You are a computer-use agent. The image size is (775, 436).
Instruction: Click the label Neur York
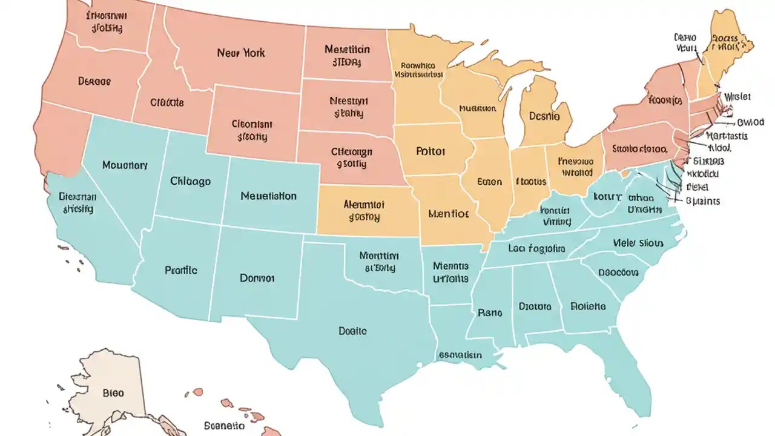point(241,53)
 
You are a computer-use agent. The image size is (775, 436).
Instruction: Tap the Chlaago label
point(190,181)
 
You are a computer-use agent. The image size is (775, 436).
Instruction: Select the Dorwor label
point(257,278)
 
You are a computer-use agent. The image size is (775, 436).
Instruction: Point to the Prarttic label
point(180,270)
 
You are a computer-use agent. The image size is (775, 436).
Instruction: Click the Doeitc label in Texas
point(352,331)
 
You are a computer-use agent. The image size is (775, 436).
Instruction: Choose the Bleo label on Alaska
point(113,393)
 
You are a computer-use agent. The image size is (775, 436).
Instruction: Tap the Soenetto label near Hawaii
point(224,426)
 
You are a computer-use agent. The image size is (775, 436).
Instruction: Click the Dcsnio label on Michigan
point(544,116)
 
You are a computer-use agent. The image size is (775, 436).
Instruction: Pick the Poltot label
point(430,150)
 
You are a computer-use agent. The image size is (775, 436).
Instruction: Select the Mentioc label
point(448,213)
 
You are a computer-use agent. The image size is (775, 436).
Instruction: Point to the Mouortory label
point(125,165)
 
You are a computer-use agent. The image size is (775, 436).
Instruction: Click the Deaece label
point(94,81)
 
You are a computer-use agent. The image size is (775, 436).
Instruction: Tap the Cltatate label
point(167,103)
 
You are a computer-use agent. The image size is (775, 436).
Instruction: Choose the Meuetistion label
point(268,196)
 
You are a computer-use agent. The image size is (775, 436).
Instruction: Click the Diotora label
point(535,307)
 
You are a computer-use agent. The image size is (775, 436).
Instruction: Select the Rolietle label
point(588,306)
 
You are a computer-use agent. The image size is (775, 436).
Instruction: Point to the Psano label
point(489,313)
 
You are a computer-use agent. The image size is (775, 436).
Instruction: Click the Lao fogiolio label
point(536,248)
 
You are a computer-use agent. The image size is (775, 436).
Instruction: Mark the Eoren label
point(490,181)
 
